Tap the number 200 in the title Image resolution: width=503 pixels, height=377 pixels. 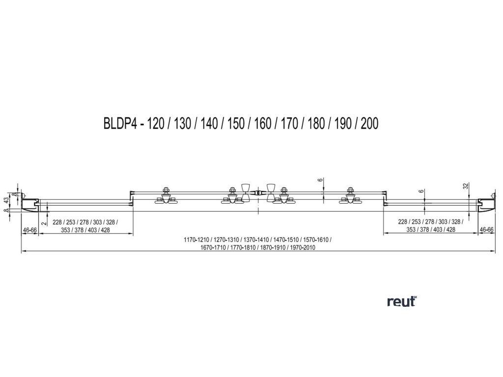pyautogui.click(x=369, y=123)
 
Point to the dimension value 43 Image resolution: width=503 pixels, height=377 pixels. pyautogui.click(x=6, y=200)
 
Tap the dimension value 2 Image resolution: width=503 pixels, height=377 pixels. pyautogui.click(x=44, y=223)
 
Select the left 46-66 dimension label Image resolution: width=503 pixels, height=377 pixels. pyautogui.click(x=30, y=229)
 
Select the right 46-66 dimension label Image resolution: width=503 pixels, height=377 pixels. pyautogui.click(x=486, y=229)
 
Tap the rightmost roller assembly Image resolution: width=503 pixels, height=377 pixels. pyautogui.click(x=350, y=196)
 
